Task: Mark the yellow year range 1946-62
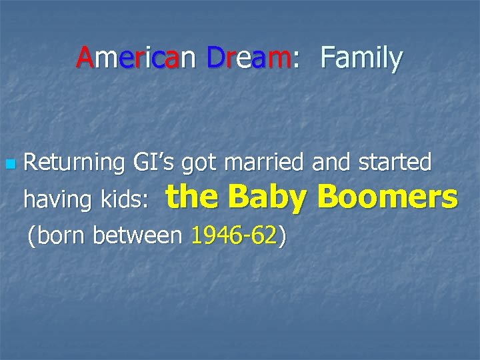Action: (233, 235)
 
